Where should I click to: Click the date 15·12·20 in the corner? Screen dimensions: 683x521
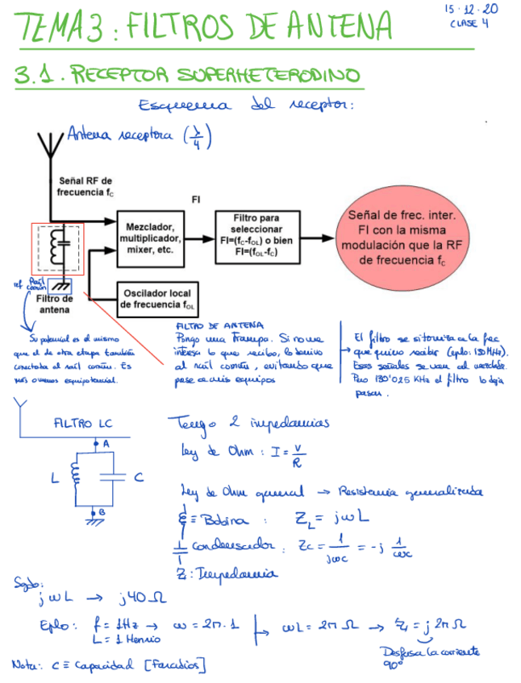(x=471, y=10)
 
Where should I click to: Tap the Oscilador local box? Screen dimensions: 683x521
(x=158, y=299)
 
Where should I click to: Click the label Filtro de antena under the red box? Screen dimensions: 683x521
(x=54, y=304)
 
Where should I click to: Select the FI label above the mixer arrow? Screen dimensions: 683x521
(x=196, y=199)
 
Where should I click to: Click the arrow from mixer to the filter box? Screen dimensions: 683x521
(x=202, y=234)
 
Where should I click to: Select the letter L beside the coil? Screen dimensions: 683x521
(x=55, y=478)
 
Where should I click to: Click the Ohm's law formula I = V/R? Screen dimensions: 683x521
(x=253, y=457)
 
